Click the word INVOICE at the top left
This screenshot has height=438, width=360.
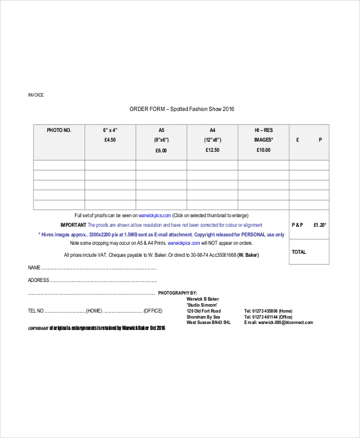(36, 95)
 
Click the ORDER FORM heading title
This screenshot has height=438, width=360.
(182, 109)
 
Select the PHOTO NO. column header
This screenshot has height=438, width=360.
(59, 130)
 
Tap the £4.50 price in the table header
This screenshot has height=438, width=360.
(110, 139)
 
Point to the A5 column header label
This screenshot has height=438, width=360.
(161, 130)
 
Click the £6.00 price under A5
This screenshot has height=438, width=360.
(161, 150)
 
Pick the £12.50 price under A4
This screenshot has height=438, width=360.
(212, 150)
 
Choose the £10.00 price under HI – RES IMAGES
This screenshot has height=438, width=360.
(263, 150)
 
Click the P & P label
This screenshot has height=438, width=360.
(298, 225)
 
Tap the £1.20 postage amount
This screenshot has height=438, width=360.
(319, 225)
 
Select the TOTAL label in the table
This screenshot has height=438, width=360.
(299, 252)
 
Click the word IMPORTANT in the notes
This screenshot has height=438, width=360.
(74, 225)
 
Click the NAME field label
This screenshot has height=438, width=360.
(34, 267)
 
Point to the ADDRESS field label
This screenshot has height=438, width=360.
(38, 280)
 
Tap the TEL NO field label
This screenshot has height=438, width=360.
(36, 311)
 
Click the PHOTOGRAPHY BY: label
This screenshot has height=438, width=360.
(178, 293)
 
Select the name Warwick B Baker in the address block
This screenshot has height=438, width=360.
(203, 299)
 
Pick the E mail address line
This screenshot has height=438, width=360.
(278, 322)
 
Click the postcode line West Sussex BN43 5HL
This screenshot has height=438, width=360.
(208, 322)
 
